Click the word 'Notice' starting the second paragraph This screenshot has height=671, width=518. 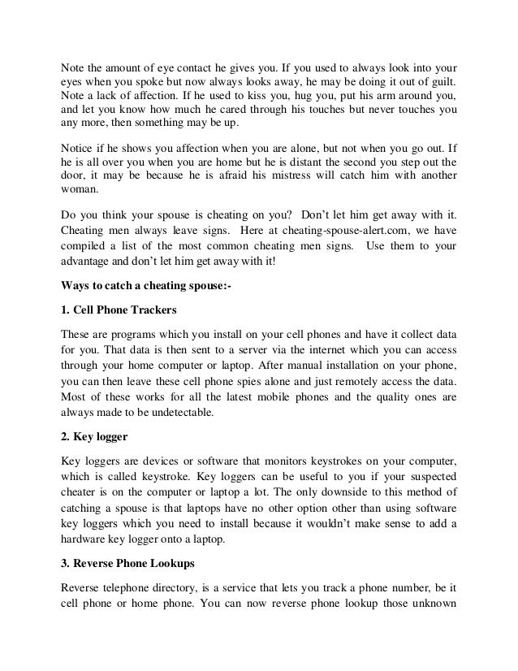click(x=78, y=148)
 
